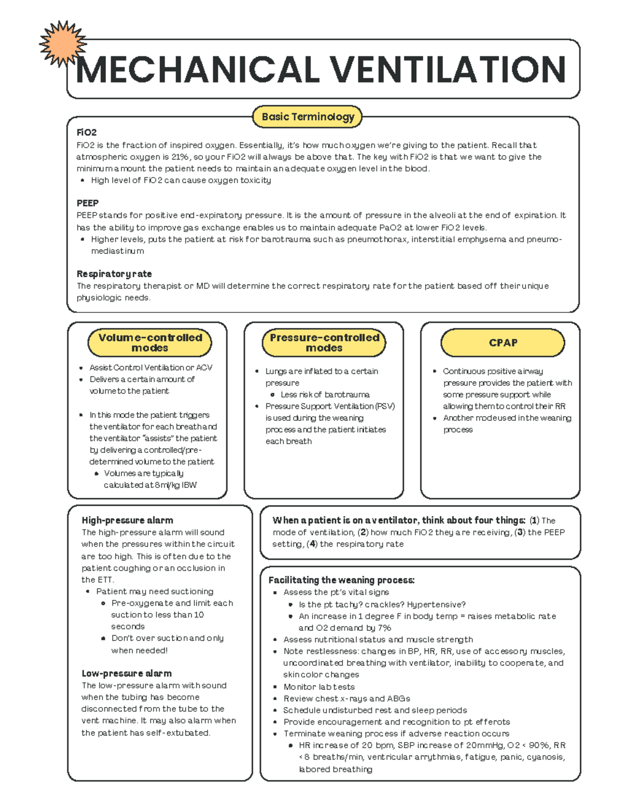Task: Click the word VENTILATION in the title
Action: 447,70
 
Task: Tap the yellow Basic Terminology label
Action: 308,117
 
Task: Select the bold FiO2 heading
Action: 86,133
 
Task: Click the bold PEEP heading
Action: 87,203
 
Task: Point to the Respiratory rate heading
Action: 114,274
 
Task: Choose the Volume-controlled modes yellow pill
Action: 150,342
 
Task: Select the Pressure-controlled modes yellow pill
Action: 324,342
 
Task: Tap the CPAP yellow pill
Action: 503,343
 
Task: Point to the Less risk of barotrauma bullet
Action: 325,395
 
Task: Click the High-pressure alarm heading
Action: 127,521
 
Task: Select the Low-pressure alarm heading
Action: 127,673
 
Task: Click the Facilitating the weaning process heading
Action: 341,580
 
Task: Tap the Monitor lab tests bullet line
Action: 319,687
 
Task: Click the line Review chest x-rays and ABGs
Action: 347,699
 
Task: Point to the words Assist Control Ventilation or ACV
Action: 151,368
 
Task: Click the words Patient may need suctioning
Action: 154,592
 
